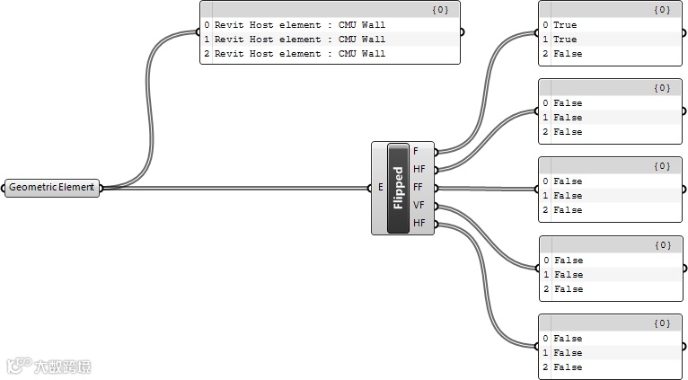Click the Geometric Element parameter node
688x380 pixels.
[51, 188]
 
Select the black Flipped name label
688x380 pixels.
[398, 188]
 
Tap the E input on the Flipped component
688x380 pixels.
[381, 188]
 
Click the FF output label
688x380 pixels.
[418, 187]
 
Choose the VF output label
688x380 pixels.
[418, 205]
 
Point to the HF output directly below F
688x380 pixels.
[419, 169]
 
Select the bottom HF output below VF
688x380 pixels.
[419, 223]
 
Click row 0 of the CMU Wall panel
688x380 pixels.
[299, 25]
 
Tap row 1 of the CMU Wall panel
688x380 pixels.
[299, 40]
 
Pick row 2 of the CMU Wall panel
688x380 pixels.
[299, 54]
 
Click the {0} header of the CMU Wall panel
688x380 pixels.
[441, 9]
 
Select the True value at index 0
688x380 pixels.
[565, 25]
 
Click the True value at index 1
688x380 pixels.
[565, 40]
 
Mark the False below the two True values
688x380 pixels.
[568, 54]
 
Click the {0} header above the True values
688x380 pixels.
[663, 9]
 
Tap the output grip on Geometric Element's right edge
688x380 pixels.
[101, 188]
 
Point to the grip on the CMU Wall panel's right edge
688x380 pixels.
[463, 32]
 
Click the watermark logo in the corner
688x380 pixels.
[49, 366]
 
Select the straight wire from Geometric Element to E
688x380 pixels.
[234, 188]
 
